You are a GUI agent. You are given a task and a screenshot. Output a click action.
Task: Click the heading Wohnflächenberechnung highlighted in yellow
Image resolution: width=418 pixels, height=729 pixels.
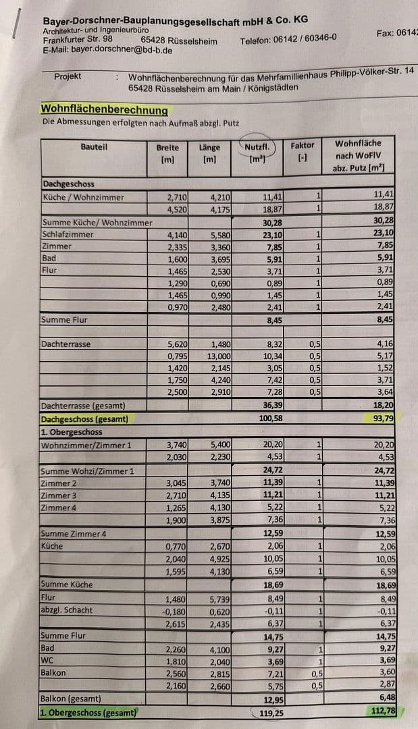coord(104,109)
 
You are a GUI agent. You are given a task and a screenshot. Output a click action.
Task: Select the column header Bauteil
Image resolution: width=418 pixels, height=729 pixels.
coord(94,146)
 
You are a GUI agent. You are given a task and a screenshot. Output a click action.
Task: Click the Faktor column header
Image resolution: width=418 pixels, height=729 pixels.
coord(303,145)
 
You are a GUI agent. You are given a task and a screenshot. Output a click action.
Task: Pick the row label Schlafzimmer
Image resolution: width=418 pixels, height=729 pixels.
coord(68,234)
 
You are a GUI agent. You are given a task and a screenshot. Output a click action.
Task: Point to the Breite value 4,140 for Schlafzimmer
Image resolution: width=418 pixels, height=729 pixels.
coord(177,235)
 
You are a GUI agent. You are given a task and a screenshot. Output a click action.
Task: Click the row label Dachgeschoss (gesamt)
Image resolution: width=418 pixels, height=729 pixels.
coord(84,419)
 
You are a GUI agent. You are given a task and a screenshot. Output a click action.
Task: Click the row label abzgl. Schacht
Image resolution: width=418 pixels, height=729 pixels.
coord(67,610)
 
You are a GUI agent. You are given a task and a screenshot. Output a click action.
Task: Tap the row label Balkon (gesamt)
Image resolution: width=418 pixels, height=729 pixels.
coord(71,699)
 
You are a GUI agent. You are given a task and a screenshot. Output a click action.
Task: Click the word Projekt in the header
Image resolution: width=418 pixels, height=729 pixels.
coord(68,76)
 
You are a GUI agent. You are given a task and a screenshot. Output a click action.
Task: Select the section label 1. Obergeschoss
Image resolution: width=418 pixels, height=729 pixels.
coord(72,432)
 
